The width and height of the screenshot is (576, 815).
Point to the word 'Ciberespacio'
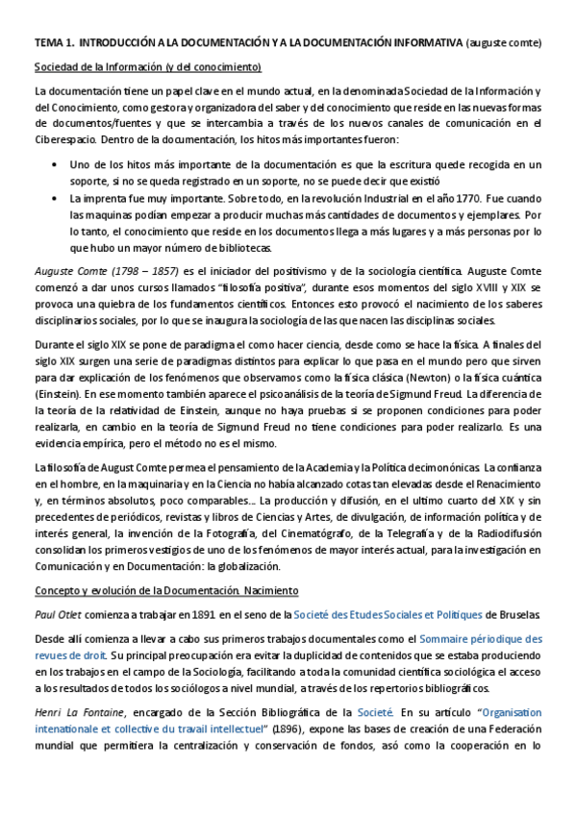[x=65, y=139]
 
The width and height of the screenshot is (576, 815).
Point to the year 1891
[x=212, y=614]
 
